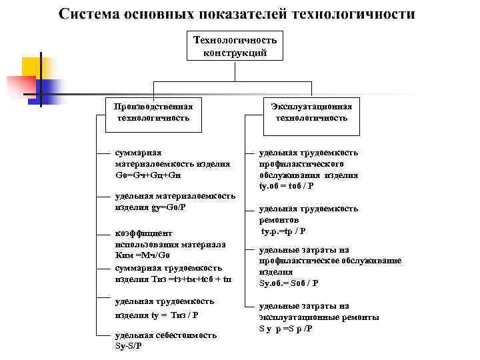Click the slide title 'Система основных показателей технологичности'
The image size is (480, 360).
pos(237,14)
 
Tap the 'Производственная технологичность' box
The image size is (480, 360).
pos(153,112)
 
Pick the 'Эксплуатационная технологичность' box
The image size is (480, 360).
pos(311,112)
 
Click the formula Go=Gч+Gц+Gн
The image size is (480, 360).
pos(147,175)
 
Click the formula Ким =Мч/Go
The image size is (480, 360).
pos(143,255)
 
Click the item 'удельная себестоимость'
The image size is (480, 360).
pos(165,335)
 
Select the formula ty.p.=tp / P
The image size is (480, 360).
pos(283,231)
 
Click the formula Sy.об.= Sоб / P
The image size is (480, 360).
pos(288,283)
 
